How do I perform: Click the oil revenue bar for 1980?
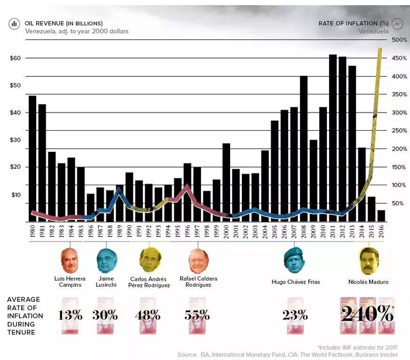point(32,158)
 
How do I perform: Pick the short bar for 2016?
point(381,216)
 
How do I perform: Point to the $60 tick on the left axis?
point(15,58)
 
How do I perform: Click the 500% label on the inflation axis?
point(392,40)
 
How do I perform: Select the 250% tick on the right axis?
point(392,131)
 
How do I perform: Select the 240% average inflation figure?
point(368,314)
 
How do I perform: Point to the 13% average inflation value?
point(70,314)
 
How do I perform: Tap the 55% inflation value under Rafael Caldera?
point(197,314)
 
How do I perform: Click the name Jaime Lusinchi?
point(106,281)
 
